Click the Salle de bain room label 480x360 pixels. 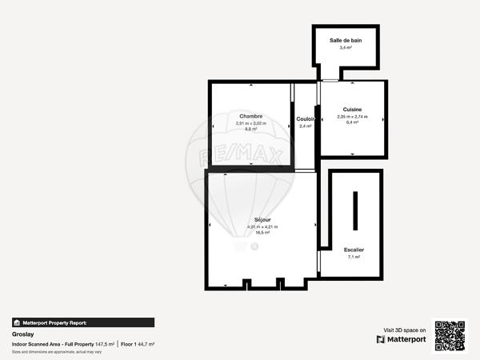(x=346, y=39)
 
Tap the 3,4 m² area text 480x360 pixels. (x=346, y=47)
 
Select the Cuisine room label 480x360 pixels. (x=352, y=109)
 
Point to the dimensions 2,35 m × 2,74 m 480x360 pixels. (x=352, y=117)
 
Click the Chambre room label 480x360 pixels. (x=250, y=116)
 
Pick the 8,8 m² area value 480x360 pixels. (x=250, y=130)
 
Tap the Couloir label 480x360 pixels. (x=305, y=118)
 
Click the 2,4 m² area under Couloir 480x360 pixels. (x=305, y=126)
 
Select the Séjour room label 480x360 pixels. (x=262, y=219)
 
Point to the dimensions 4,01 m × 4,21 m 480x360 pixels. (x=262, y=226)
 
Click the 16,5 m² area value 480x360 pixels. (x=262, y=233)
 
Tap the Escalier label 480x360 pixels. (x=354, y=250)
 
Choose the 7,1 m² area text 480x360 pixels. (x=354, y=257)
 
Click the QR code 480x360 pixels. (x=450, y=335)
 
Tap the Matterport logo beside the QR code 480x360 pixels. (x=402, y=339)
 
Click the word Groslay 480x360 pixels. (x=22, y=334)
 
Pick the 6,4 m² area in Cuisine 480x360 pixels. (x=352, y=123)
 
